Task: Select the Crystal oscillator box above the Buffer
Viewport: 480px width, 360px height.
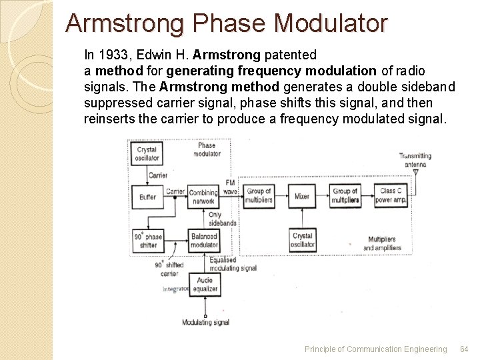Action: (147, 153)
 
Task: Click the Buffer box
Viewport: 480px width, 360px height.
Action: (147, 196)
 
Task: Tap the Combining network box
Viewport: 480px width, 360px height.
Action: (204, 196)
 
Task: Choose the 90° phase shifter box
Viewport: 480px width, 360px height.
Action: (148, 240)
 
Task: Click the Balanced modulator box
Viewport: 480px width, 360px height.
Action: (204, 240)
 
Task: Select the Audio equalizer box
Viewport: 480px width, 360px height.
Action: (204, 285)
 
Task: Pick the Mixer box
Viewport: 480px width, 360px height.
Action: (302, 196)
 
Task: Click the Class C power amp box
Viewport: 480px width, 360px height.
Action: (393, 195)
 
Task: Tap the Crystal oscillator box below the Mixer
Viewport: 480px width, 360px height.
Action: (302, 240)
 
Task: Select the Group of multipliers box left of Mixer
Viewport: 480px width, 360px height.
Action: (259, 195)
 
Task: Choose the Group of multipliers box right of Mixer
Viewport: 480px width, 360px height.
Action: (345, 195)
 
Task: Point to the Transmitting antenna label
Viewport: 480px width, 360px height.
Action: (415, 160)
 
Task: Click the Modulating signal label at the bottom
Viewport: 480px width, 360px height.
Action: (205, 323)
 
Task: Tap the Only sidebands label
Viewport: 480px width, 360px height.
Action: (222, 219)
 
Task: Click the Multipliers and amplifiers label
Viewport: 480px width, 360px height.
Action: (382, 243)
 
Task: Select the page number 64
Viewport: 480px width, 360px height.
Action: (464, 349)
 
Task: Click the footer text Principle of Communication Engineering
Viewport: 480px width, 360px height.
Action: (375, 349)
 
